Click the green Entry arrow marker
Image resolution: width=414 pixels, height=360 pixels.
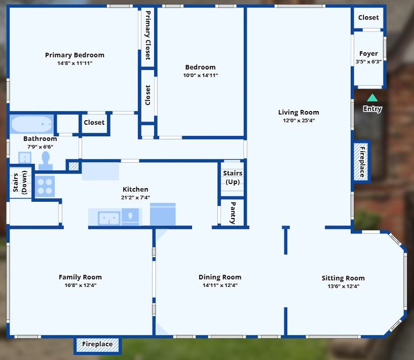[372, 98]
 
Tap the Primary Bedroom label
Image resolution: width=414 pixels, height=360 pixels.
[75, 55]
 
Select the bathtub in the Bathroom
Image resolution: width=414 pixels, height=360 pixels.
[32, 124]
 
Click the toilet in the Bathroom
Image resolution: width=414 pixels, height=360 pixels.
[45, 160]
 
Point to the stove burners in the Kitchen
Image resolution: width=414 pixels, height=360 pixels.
[45, 186]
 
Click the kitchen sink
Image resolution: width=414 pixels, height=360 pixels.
[109, 218]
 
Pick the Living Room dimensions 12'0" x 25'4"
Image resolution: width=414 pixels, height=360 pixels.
[298, 120]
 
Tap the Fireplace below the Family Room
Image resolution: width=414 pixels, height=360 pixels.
[97, 344]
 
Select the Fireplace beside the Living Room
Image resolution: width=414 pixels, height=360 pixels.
[362, 162]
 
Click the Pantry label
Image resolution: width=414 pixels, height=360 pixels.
[233, 213]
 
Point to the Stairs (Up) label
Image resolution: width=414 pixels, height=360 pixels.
[233, 178]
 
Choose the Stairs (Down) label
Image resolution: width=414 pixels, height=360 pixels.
[20, 182]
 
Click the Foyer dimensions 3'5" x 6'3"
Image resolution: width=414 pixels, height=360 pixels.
[369, 62]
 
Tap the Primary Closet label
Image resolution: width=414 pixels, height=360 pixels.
[148, 35]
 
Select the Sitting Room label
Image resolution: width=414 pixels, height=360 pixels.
[343, 278]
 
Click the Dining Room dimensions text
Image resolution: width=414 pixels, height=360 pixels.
[220, 285]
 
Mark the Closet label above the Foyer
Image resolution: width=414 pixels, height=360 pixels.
[369, 17]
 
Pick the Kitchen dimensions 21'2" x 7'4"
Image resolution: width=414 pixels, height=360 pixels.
[136, 197]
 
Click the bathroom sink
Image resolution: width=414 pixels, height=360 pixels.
[25, 158]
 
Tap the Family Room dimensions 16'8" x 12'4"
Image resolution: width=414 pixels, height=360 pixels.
[80, 285]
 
